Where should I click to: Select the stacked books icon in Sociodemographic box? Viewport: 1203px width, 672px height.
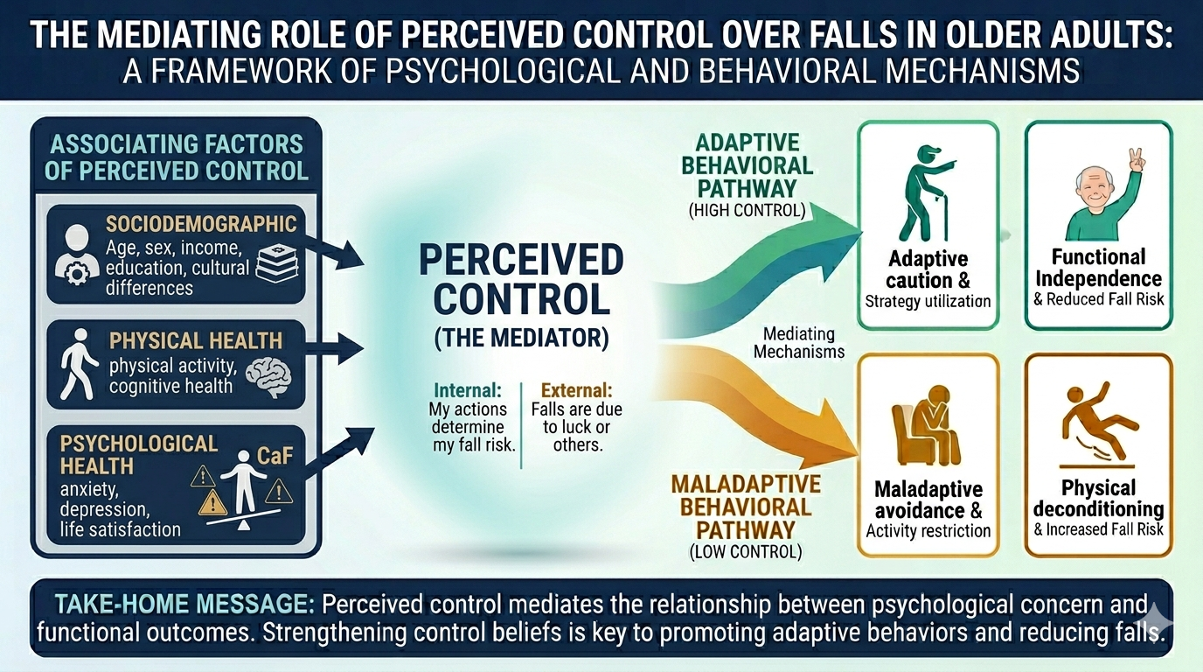(x=277, y=264)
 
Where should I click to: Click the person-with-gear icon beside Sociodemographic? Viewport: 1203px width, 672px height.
(x=77, y=255)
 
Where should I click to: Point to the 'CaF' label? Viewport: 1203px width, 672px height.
(x=275, y=456)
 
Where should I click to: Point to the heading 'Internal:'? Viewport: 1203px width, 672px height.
(x=468, y=390)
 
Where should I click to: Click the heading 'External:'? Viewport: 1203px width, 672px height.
(x=576, y=390)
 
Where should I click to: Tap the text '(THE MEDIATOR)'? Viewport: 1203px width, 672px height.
(x=521, y=338)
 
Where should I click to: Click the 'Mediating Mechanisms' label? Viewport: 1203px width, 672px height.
(x=798, y=343)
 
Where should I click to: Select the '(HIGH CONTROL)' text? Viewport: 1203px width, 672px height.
(x=747, y=211)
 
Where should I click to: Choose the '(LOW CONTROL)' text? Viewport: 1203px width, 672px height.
(x=746, y=551)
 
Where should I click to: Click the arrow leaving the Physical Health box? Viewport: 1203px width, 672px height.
(x=334, y=348)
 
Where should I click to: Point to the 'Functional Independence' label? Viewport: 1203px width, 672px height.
(x=1098, y=268)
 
